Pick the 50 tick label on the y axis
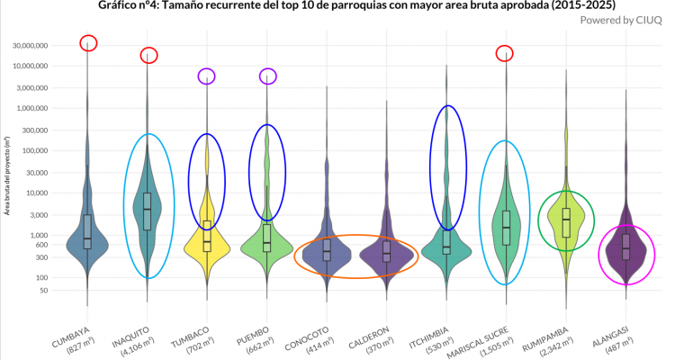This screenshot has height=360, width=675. click(66, 291)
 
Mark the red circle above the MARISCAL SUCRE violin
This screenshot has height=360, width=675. click(504, 53)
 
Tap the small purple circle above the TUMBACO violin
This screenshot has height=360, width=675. click(207, 76)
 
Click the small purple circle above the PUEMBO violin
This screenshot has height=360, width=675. click(267, 76)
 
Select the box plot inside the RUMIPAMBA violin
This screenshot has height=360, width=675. click(566, 221)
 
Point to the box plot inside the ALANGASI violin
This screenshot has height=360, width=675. click(626, 247)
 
